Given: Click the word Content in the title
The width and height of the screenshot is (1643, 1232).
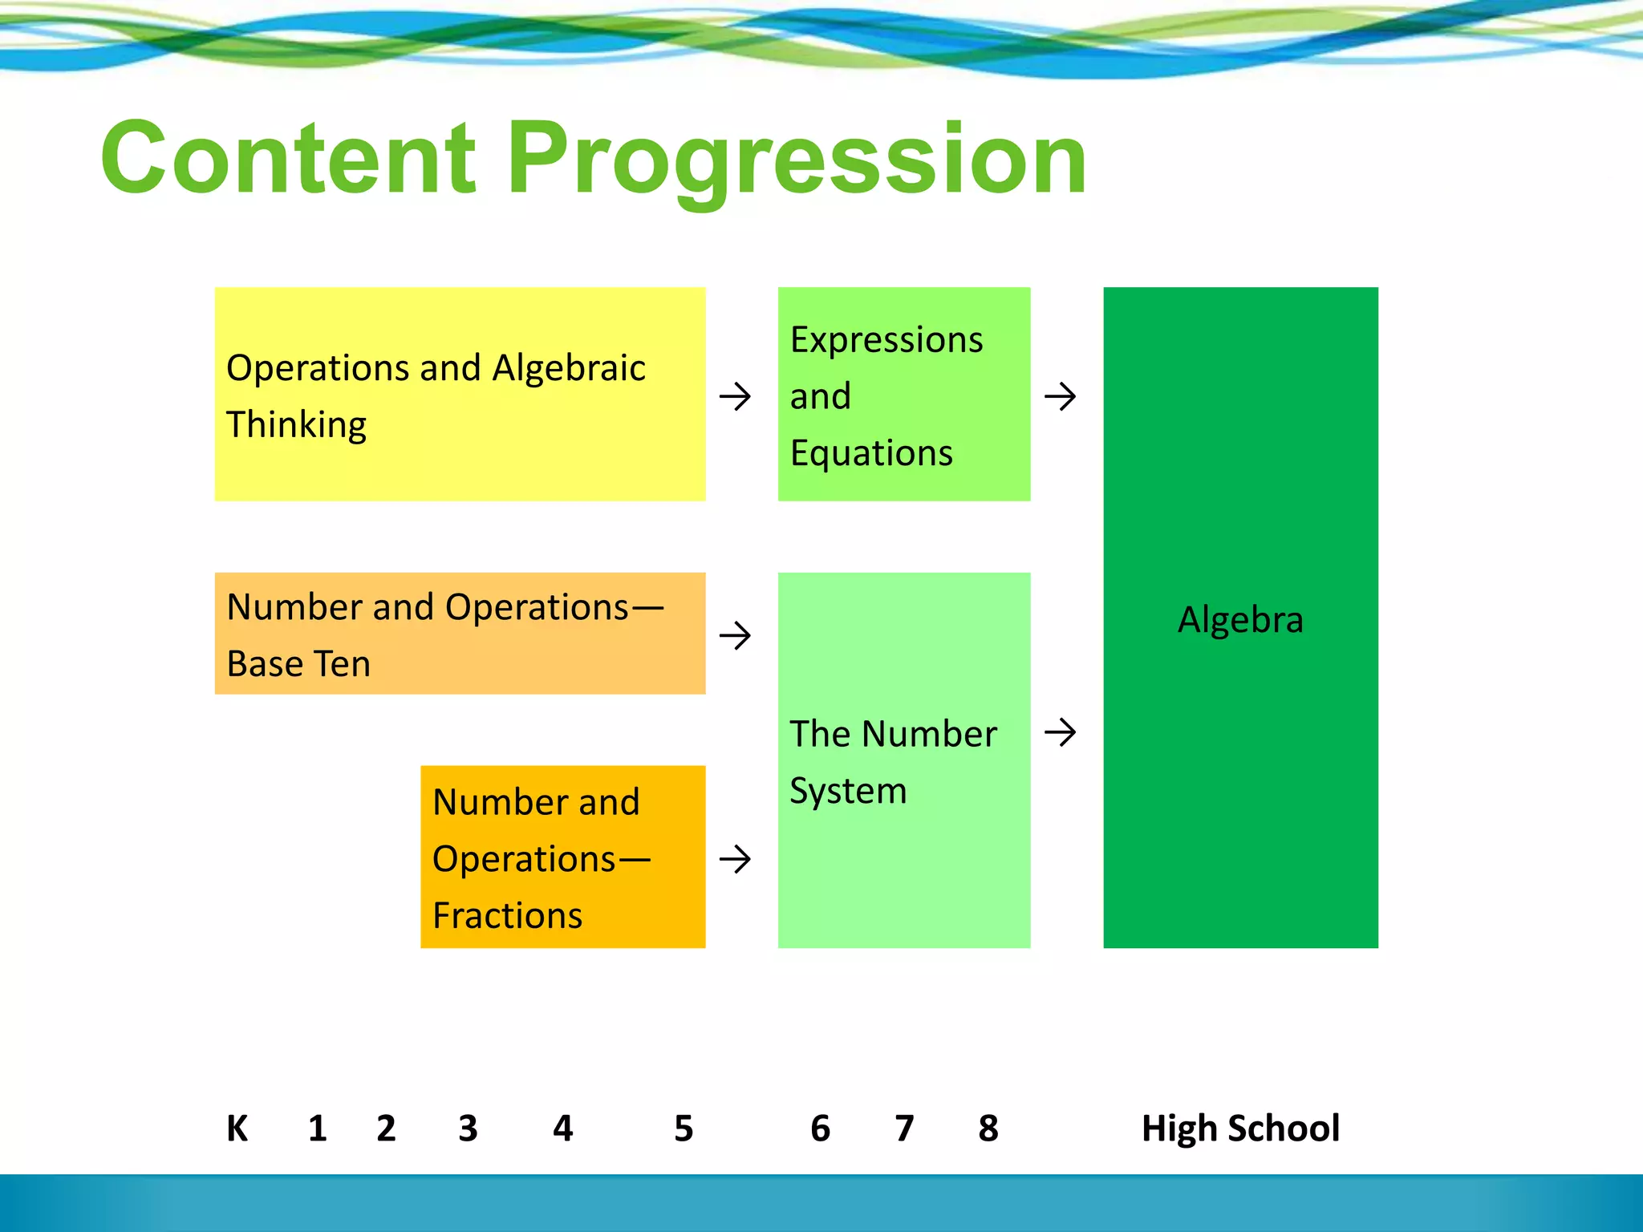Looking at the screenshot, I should coord(289,158).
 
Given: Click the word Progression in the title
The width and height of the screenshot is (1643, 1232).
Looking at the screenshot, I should coord(797,158).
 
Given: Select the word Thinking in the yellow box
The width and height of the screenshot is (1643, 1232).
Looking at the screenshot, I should coord(296,424).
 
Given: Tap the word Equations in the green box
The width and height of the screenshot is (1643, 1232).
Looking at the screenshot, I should coord(871,453).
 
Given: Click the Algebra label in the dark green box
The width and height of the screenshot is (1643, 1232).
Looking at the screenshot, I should coord(1240,619).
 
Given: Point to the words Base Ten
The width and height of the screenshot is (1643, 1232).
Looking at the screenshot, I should coord(298,664).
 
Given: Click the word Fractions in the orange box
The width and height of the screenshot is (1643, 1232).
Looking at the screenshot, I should coord(507,915).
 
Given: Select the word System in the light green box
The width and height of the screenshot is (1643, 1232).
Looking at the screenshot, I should coord(848,791).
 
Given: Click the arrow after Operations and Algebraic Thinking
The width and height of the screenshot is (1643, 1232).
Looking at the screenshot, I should coord(735,396).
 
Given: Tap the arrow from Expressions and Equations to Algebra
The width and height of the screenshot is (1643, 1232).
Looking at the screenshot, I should coord(1060,396).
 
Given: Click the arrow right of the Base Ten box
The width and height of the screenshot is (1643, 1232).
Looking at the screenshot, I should coord(735,636).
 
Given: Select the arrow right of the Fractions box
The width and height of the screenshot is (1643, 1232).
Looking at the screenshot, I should coord(735,860).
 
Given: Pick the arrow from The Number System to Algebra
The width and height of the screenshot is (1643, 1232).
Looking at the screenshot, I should coord(1060,731).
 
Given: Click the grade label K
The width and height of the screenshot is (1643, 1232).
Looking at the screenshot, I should coord(237,1129).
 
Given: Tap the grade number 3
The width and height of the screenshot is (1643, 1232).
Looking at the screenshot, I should coord(468,1129).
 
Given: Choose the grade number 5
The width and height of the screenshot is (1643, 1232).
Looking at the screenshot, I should coord(684,1129).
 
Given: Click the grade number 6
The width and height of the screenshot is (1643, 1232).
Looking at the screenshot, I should coord(820,1129).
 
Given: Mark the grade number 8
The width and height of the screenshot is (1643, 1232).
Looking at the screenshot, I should coord(988,1129).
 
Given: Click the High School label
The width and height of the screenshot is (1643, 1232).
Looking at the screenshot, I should coord(1240,1129).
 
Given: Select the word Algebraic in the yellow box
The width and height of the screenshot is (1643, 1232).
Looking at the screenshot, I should coord(568,368).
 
